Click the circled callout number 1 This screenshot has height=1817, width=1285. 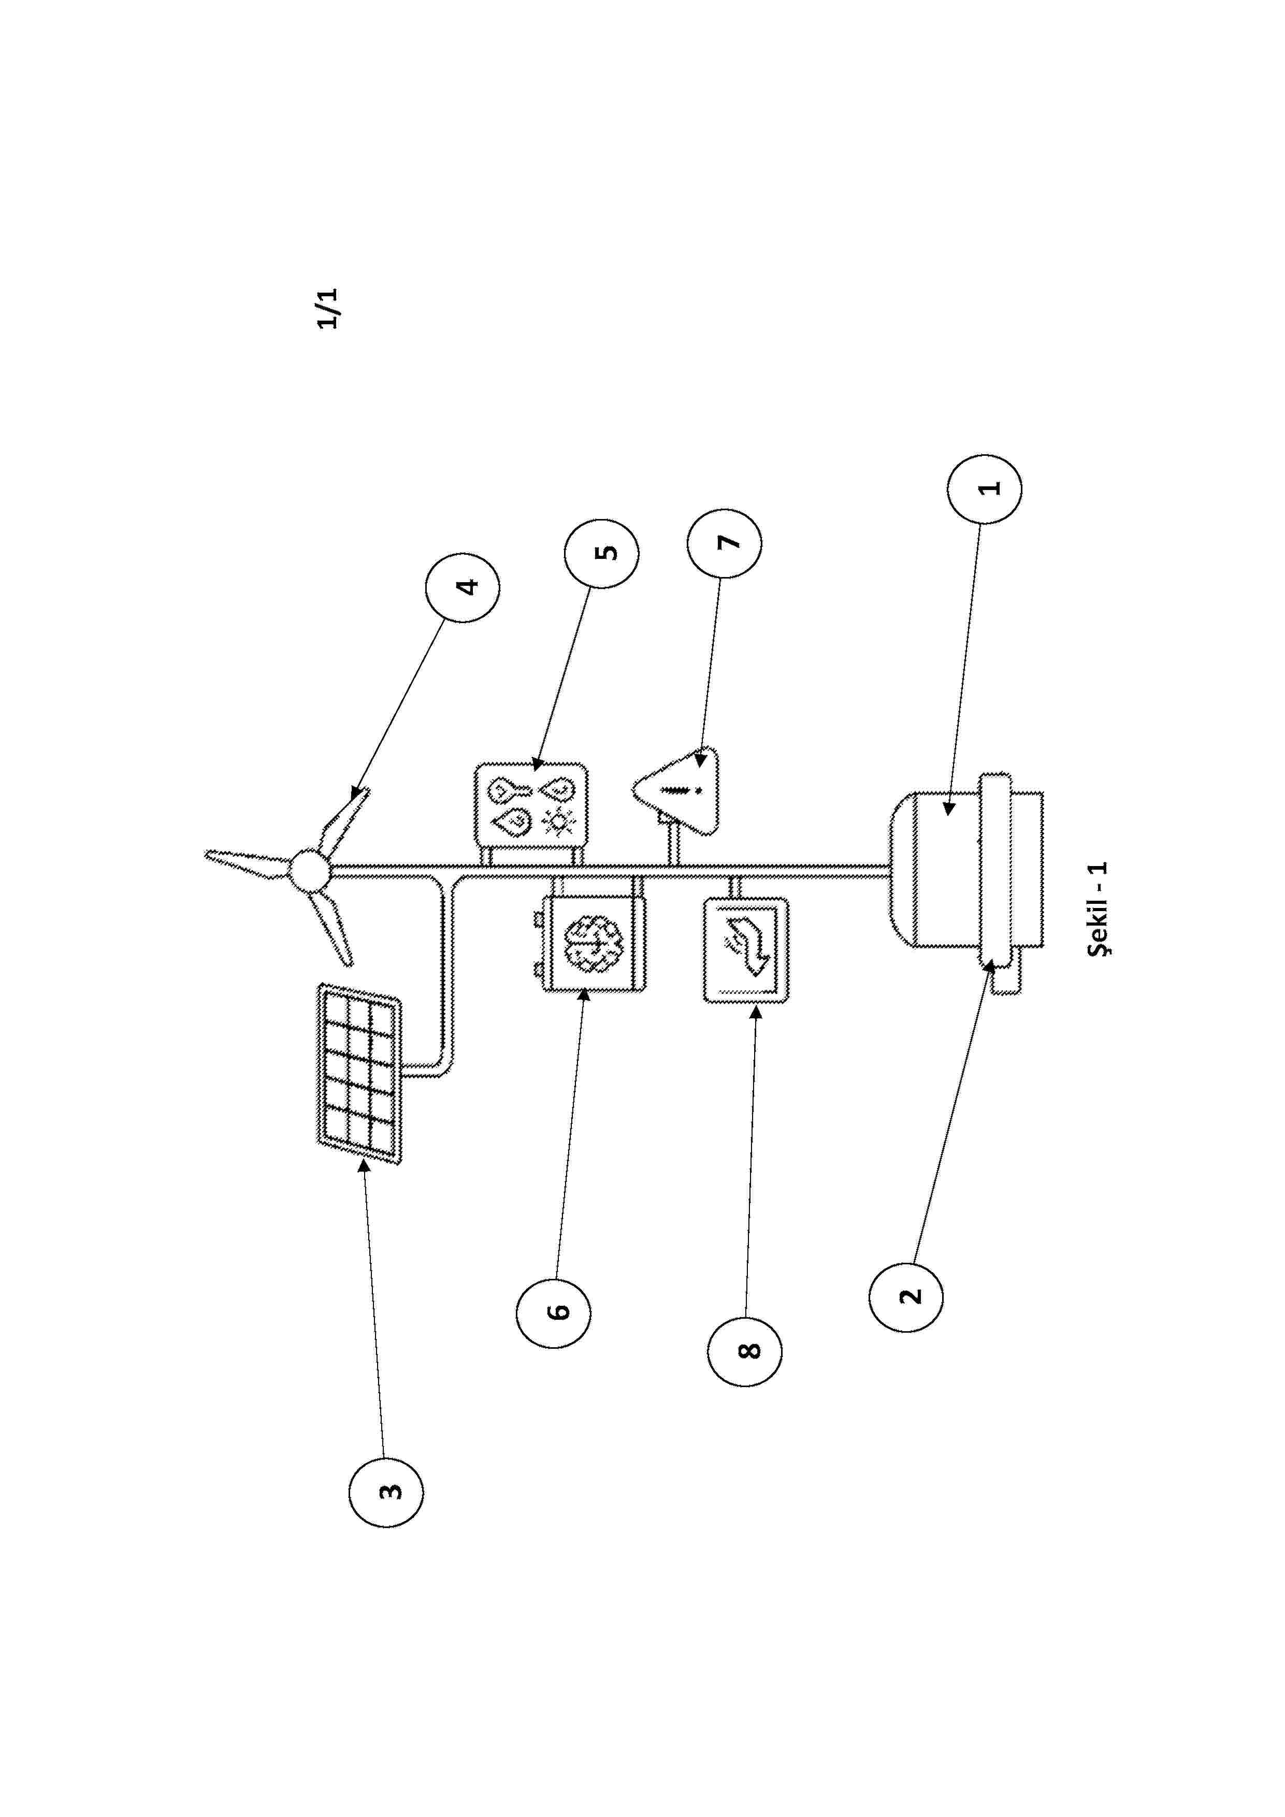984,488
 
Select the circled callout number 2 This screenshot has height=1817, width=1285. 905,1298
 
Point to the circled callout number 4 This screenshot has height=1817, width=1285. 463,587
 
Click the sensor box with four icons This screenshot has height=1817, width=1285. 531,806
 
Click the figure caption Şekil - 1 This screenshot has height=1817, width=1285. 1098,910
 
